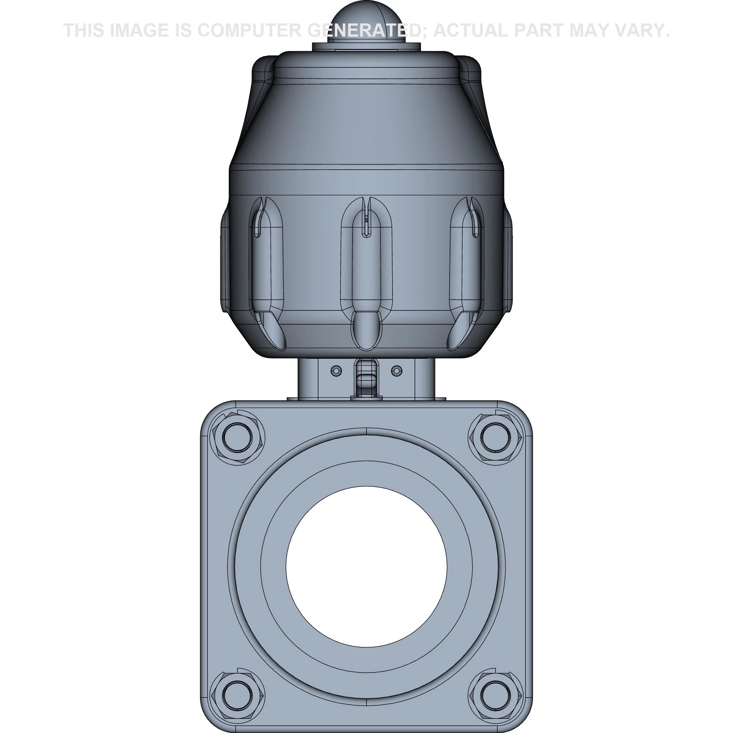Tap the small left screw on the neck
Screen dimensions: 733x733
(x=336, y=371)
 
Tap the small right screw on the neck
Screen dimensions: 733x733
(x=396, y=371)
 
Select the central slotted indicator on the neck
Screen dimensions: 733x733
(x=366, y=377)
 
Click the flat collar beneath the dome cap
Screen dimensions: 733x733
(x=366, y=47)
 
